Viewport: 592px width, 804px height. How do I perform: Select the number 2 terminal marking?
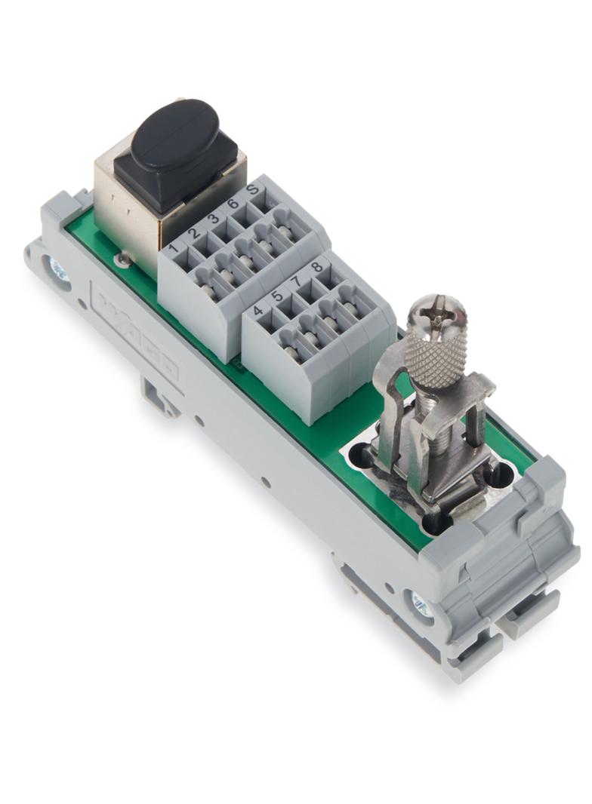point(194,234)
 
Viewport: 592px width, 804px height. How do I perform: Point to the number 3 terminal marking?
point(214,219)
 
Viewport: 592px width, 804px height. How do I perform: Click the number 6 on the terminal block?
point(233,204)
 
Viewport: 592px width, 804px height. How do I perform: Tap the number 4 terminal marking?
point(258,311)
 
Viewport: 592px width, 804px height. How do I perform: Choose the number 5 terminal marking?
point(278,296)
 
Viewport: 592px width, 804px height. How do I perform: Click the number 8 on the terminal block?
point(316,266)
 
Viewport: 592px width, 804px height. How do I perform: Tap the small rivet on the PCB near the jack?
point(119,259)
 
